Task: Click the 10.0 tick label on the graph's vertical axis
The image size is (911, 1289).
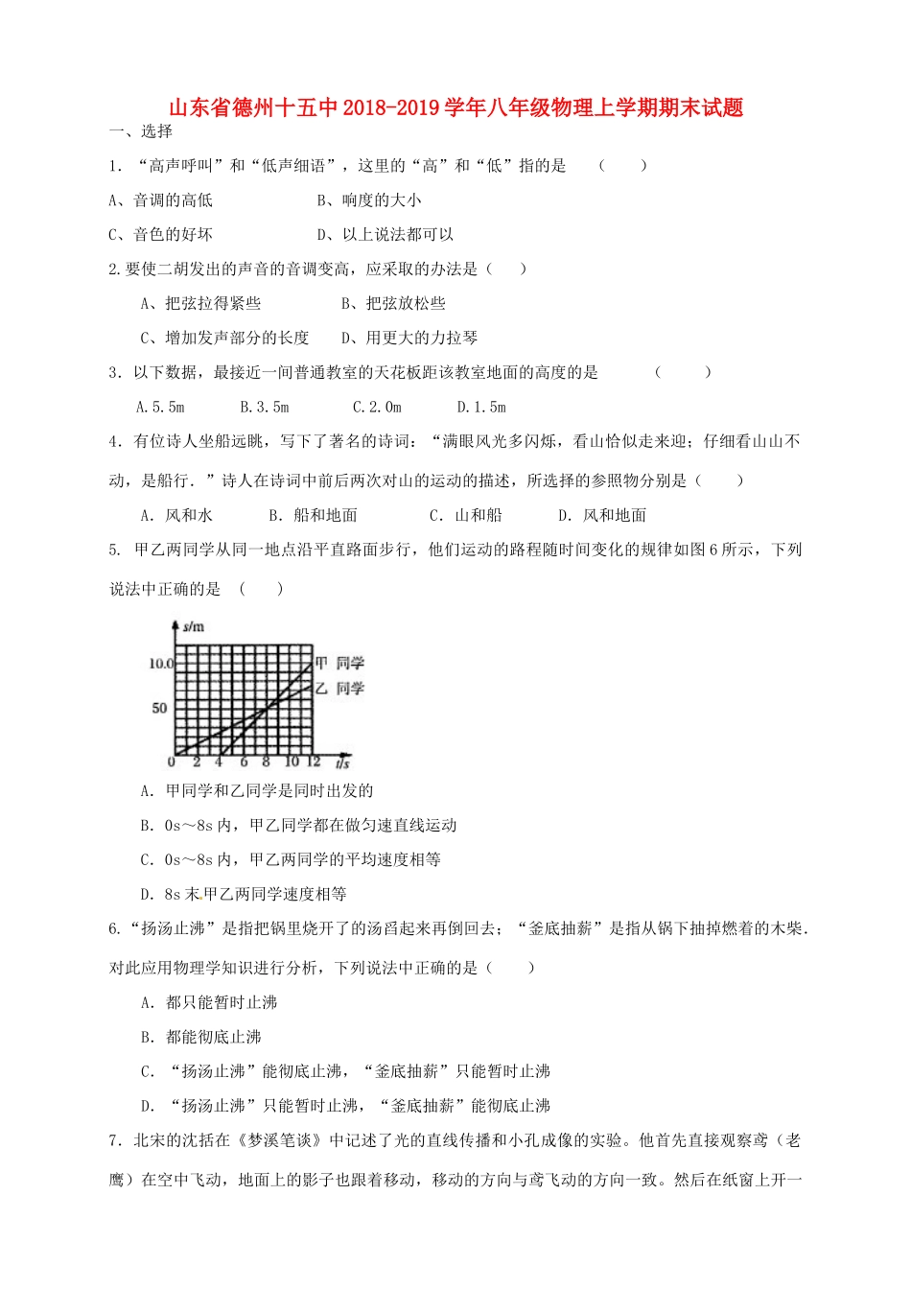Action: coord(160,663)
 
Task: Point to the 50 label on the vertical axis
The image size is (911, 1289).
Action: coord(159,708)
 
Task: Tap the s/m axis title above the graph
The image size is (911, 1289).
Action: coord(194,626)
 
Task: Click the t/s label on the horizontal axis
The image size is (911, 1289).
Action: coord(342,763)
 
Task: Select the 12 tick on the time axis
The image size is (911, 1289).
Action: coord(313,762)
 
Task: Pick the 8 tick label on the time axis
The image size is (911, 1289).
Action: coord(267,762)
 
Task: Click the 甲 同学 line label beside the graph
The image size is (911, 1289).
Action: coord(339,663)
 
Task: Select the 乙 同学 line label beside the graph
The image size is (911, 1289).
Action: coord(339,688)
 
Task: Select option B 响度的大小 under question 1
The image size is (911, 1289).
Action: coord(369,200)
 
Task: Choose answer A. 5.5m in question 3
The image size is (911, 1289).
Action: coord(160,407)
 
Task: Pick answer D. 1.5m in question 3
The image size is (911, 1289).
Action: coord(481,407)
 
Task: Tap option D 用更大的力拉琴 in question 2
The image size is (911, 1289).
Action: coord(409,338)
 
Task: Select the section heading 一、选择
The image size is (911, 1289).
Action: coord(141,132)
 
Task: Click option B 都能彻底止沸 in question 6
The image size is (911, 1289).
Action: coord(201,1037)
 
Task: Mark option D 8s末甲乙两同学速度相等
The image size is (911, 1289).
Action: coord(244,894)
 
